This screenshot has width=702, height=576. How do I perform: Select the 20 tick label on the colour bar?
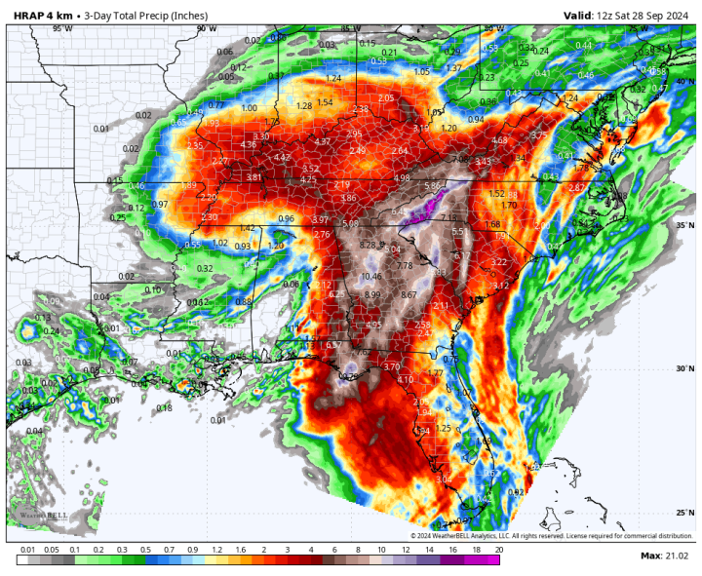click(499, 550)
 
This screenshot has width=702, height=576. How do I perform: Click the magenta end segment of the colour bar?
click(493, 560)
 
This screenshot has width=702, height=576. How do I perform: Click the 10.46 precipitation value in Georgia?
click(370, 277)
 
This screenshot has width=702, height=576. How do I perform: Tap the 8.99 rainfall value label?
click(372, 294)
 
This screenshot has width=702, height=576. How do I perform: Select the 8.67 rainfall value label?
click(409, 294)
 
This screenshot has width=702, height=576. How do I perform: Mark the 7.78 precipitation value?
click(405, 265)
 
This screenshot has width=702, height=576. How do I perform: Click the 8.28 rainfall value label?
click(368, 244)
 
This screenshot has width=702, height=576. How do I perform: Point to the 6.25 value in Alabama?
click(337, 294)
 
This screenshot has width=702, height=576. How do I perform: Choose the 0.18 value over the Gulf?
click(164, 407)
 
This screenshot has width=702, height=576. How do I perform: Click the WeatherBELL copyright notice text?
click(553, 536)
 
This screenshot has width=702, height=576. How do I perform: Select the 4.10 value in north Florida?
click(405, 379)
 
